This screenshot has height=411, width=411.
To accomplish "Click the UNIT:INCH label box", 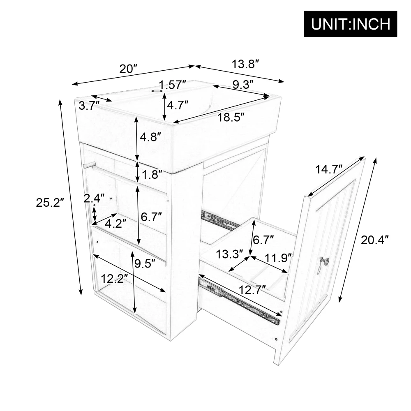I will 351,23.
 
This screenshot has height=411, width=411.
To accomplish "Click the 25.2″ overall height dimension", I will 51,202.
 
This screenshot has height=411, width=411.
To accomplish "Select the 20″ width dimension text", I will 128,68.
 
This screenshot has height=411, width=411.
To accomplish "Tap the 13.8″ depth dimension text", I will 245,64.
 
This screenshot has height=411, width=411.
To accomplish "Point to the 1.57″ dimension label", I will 173,85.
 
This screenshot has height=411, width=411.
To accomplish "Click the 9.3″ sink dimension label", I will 242,85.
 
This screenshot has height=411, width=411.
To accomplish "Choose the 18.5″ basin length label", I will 231,118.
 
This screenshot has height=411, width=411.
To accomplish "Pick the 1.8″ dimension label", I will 150,175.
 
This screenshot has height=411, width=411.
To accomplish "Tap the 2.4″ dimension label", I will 94,199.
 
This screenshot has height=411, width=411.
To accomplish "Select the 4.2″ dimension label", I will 115,223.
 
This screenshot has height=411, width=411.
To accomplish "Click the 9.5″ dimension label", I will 144,263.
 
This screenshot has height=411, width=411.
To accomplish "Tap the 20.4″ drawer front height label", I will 374,240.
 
